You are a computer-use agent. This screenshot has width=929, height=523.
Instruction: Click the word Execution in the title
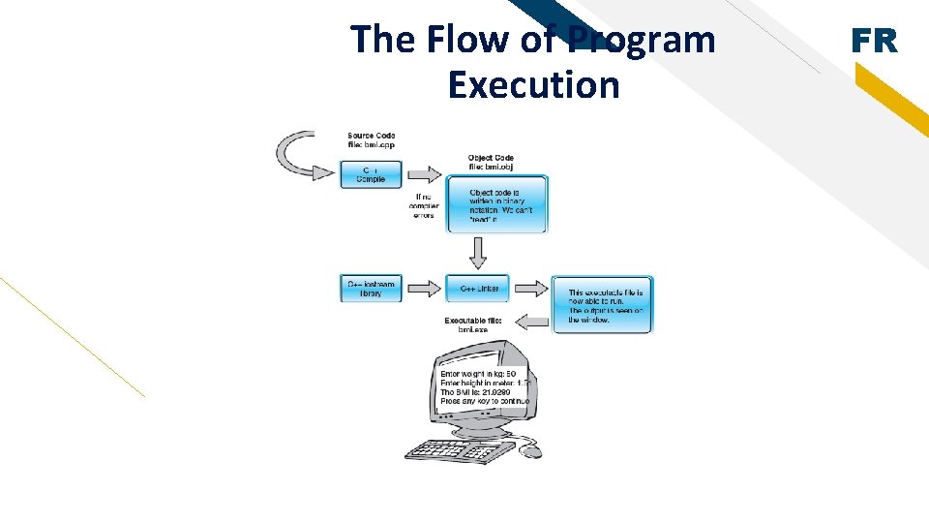[533, 85]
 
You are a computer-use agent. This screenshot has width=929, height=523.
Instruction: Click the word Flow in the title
[453, 40]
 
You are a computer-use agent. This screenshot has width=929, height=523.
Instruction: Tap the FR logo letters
[874, 41]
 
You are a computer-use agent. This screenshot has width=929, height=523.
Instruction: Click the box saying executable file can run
[602, 304]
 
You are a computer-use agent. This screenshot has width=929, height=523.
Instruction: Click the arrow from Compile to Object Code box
[424, 174]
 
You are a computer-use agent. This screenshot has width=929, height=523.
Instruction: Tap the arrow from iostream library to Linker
[424, 289]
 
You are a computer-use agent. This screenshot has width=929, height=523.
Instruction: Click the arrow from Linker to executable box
[530, 288]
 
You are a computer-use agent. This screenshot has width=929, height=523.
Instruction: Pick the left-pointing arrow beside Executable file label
[530, 321]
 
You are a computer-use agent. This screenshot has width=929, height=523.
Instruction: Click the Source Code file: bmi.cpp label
[372, 140]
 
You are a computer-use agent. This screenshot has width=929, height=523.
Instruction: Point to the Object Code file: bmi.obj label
[492, 162]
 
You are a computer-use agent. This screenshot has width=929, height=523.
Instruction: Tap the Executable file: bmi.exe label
[473, 324]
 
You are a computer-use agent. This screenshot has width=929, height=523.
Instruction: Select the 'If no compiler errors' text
[424, 204]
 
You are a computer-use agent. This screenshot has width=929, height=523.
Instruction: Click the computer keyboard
[461, 451]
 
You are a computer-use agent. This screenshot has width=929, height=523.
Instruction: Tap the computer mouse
[530, 450]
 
